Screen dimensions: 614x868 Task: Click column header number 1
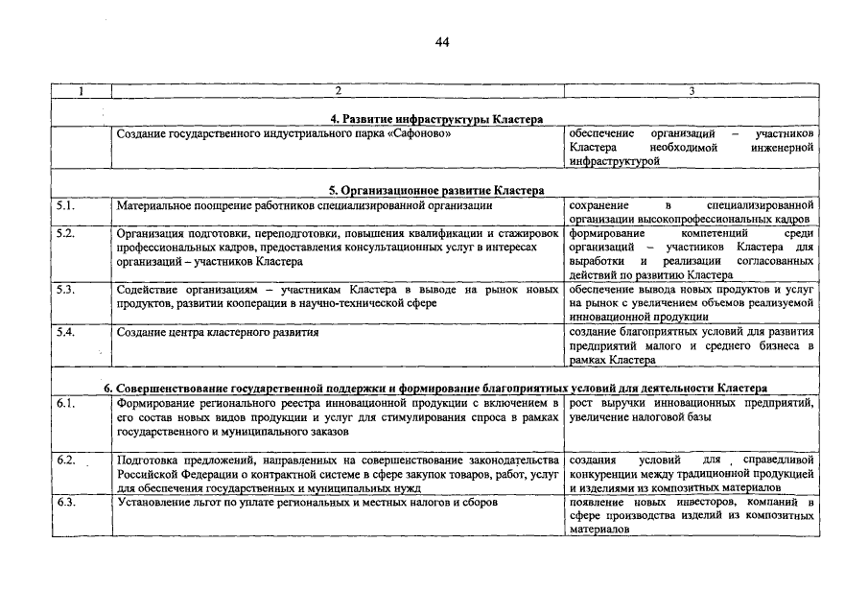[x=82, y=91]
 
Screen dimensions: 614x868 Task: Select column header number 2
[x=338, y=91]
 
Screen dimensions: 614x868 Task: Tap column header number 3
[x=692, y=91]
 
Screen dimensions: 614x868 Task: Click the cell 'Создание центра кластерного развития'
[x=218, y=332]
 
